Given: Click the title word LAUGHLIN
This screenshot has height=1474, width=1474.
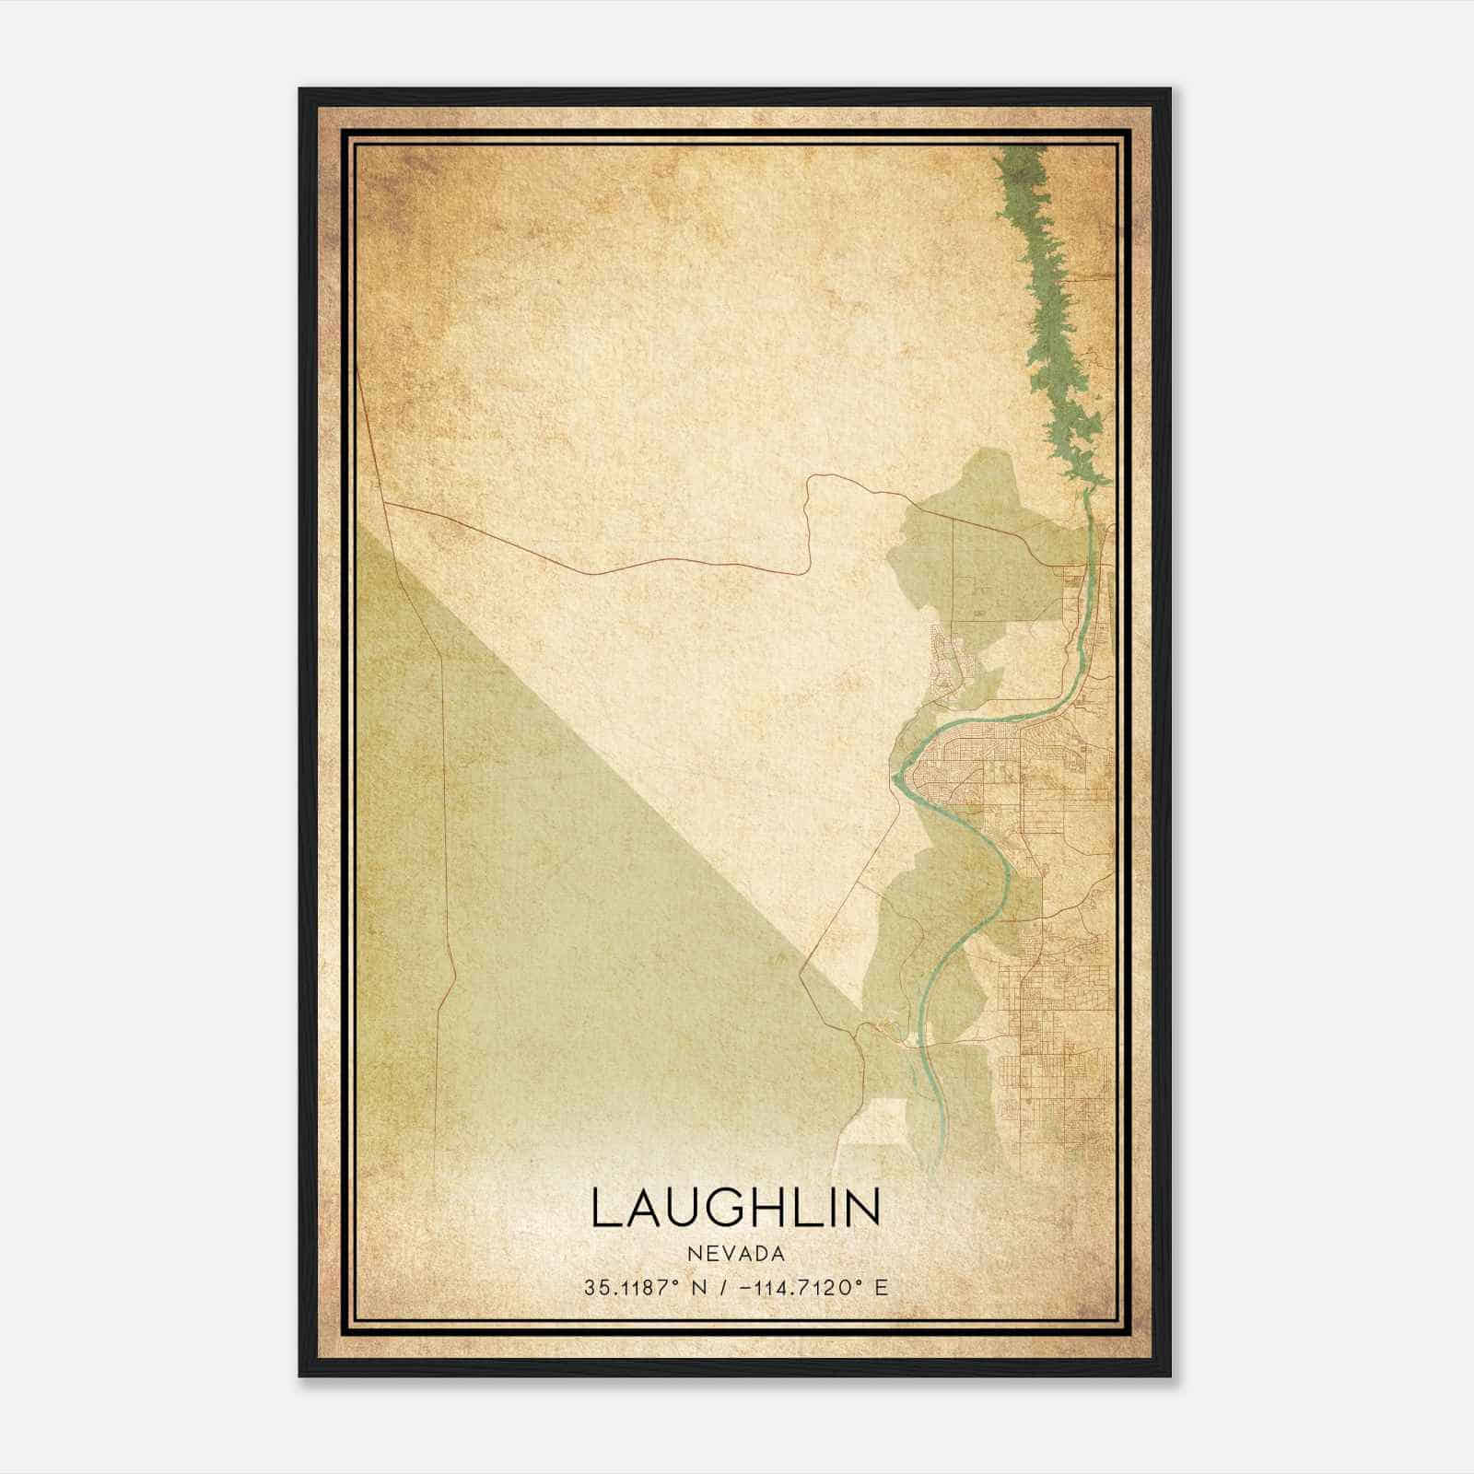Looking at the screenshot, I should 735,1208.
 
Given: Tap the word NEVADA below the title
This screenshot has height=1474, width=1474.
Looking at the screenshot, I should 736,1254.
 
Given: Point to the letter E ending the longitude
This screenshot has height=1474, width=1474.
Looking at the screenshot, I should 882,1288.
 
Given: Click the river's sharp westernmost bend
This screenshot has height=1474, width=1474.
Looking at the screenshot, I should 896,779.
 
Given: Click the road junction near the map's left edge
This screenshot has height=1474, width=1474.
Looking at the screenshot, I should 383,504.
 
